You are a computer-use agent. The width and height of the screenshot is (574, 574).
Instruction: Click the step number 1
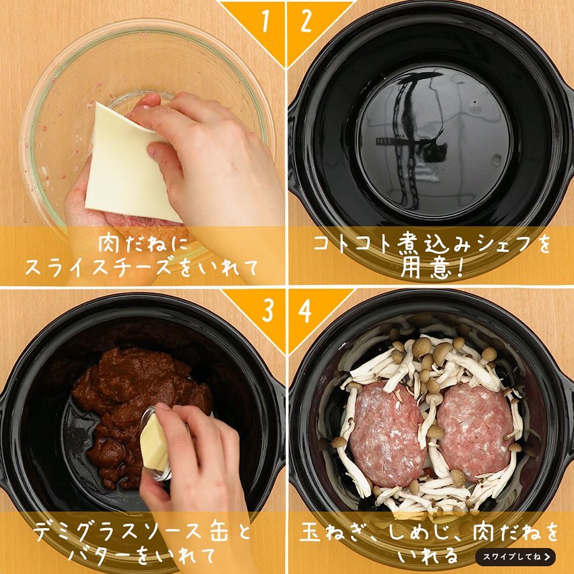266,22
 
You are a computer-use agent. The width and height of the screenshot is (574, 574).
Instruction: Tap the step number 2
306,22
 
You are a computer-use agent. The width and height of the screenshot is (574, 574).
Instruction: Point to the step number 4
305,311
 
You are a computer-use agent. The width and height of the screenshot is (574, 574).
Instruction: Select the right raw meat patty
474,432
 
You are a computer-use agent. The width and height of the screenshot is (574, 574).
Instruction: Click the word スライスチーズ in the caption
98,268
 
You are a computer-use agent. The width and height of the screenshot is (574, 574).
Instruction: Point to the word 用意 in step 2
426,269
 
